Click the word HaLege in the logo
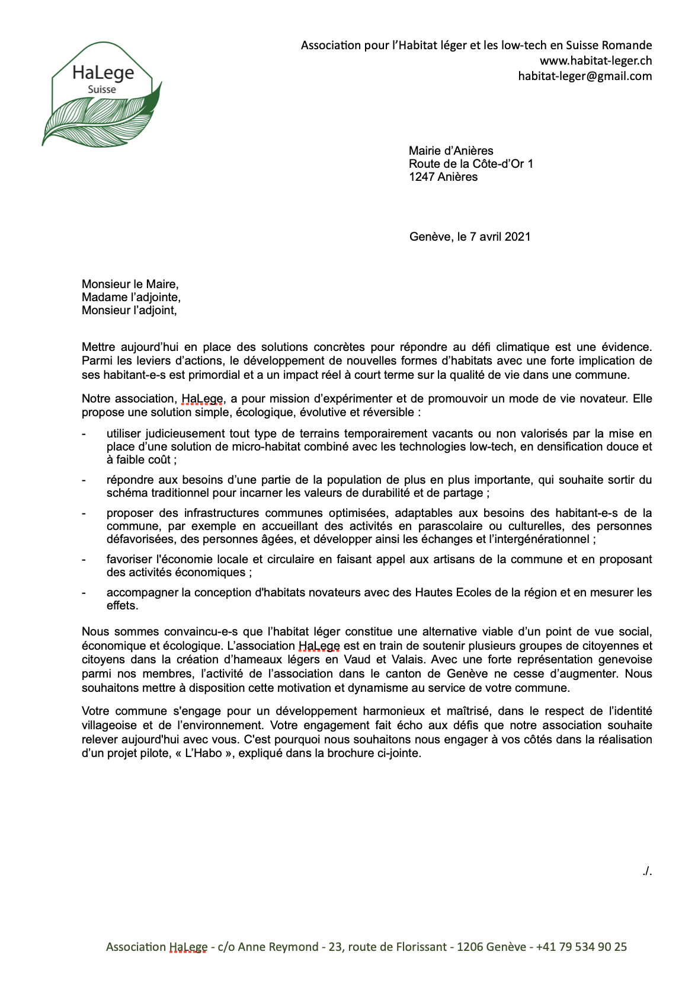103,72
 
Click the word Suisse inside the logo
102,90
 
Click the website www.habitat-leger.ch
595,60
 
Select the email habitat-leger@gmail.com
585,76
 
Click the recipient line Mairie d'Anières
451,151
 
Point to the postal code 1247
421,177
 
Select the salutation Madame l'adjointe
131,297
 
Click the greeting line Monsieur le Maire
130,284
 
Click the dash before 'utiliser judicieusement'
84,434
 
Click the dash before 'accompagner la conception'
84,593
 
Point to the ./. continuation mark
646,871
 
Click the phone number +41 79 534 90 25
581,947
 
